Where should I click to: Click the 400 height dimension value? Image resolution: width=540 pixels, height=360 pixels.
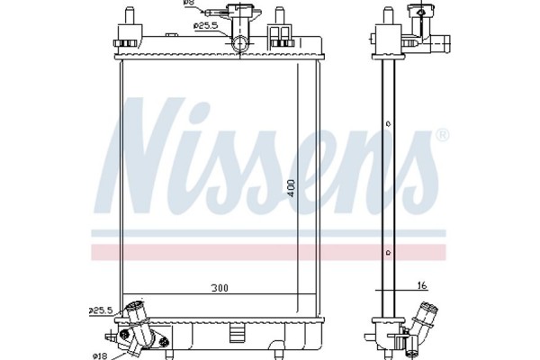[x=290, y=186]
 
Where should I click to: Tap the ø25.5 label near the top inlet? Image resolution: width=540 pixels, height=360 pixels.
[x=207, y=25]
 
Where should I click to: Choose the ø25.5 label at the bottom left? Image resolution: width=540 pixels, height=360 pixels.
[x=101, y=310]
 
